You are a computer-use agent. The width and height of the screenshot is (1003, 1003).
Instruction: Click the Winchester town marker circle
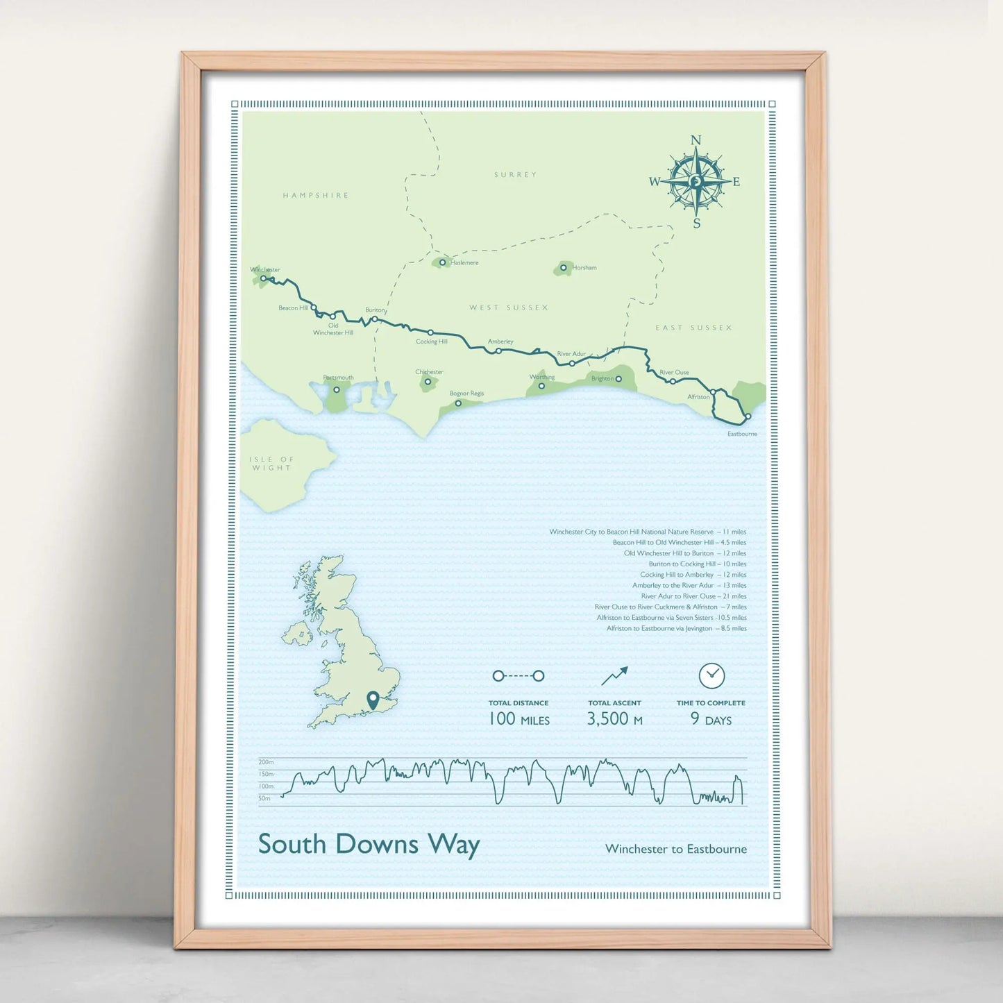[x=264, y=278]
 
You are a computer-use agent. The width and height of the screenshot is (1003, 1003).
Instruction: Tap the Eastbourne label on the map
[x=742, y=434]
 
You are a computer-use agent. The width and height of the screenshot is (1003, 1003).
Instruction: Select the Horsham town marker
[x=564, y=267]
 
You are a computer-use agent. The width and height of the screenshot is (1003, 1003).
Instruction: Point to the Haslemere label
[x=464, y=263]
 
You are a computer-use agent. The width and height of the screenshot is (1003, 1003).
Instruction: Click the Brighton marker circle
[x=618, y=378]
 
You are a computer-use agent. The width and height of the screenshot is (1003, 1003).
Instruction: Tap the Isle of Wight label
[x=271, y=464]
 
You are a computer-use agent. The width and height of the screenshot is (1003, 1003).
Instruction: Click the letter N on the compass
[x=696, y=141]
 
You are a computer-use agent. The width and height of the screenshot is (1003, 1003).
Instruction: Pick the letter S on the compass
[x=697, y=224]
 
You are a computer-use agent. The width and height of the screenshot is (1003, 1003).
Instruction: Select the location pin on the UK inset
[x=373, y=700]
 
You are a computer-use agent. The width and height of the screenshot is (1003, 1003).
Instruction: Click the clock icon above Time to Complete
[x=711, y=675]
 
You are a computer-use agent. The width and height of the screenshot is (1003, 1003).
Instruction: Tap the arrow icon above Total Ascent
[x=614, y=675]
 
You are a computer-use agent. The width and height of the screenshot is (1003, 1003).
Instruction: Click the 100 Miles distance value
[x=519, y=719]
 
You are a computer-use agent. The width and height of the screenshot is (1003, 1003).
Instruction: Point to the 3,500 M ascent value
[x=614, y=719]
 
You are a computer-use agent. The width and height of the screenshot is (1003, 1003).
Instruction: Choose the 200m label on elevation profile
[x=266, y=762]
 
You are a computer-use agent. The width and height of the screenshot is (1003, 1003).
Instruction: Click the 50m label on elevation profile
[x=264, y=798]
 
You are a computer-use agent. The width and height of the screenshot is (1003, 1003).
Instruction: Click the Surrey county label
[x=515, y=175]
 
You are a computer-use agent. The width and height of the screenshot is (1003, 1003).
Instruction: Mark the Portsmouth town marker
[x=337, y=389]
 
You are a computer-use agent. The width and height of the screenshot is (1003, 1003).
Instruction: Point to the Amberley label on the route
[x=500, y=342]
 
